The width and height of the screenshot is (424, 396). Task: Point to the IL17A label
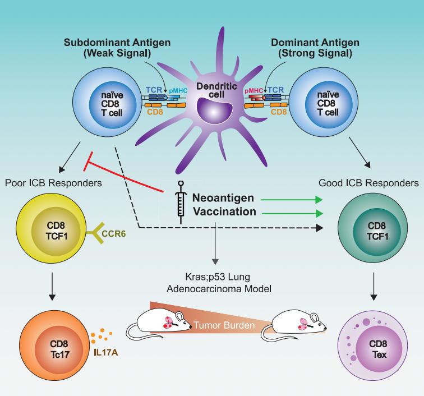pyautogui.click(x=104, y=340)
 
